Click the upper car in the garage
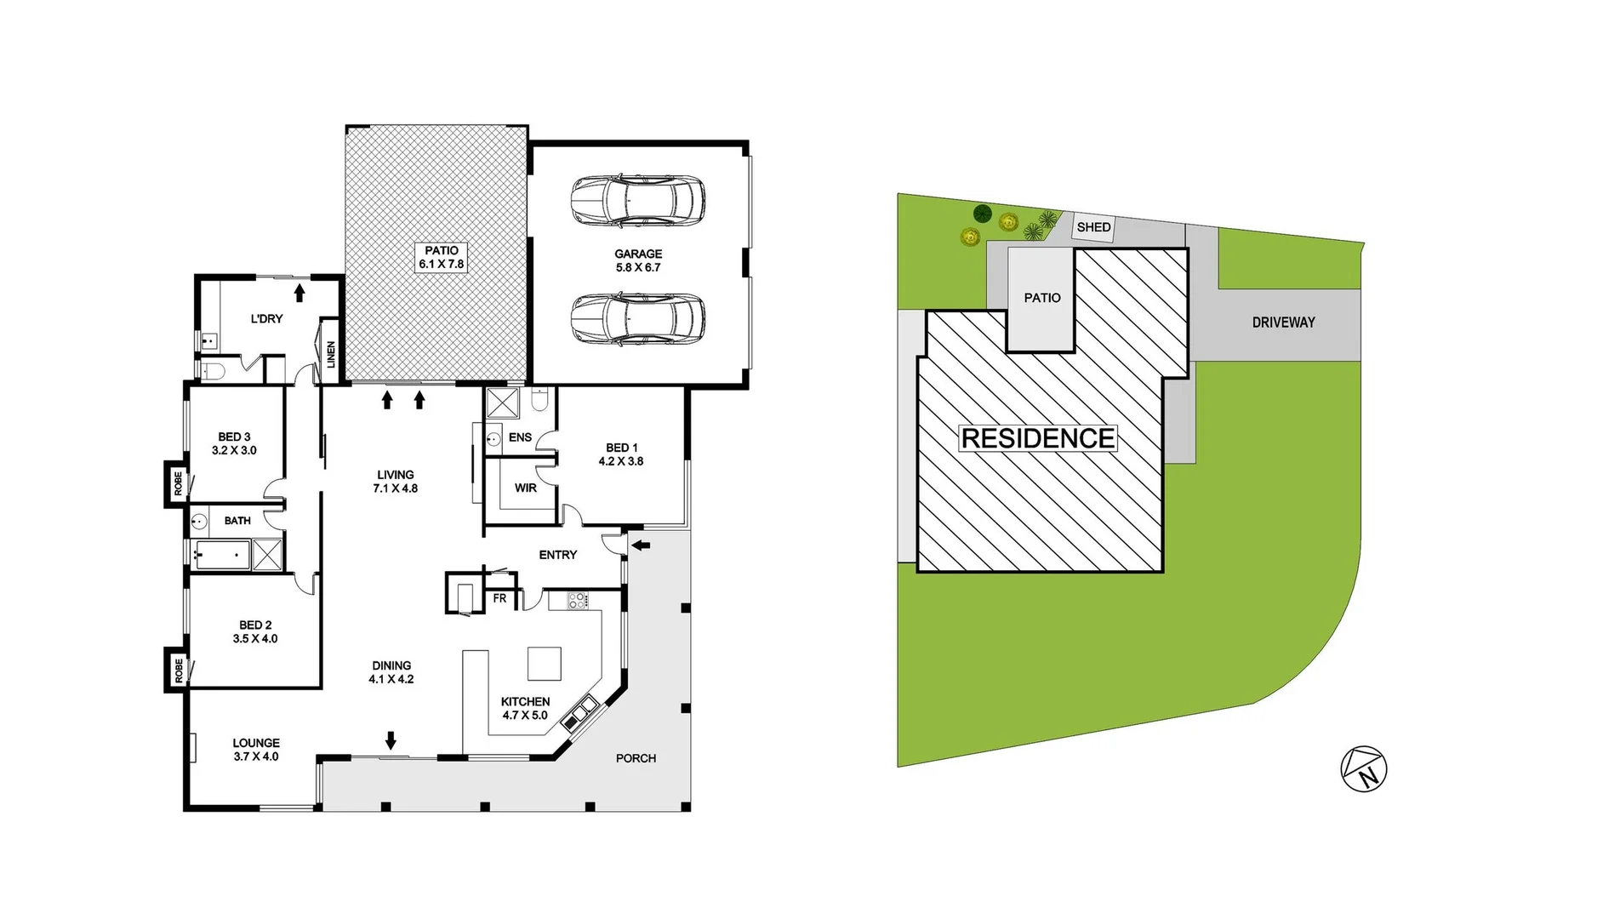[x=637, y=201]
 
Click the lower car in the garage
[x=637, y=318]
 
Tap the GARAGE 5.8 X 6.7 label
[x=638, y=260]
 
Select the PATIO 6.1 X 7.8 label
[x=441, y=257]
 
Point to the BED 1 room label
[x=621, y=454]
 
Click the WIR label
[x=526, y=488]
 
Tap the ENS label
[x=520, y=437]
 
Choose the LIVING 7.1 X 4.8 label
[x=396, y=482]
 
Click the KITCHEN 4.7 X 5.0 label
[x=525, y=708]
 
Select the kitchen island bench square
[x=544, y=664]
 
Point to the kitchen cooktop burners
[x=577, y=601]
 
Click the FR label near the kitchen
[x=499, y=598]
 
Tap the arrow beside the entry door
[x=641, y=545]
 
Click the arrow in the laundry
[x=299, y=293]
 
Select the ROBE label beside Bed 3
[x=178, y=483]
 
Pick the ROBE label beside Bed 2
[x=178, y=670]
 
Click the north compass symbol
[x=1363, y=769]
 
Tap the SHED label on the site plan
[x=1093, y=227]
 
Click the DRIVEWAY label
[x=1283, y=323]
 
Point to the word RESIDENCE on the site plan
[x=1037, y=438]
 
